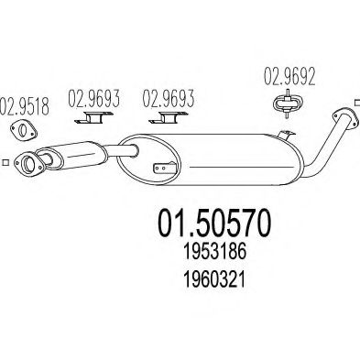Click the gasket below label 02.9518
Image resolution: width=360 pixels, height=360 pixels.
point(23,127)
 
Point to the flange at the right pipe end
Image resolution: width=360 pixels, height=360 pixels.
point(344,115)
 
